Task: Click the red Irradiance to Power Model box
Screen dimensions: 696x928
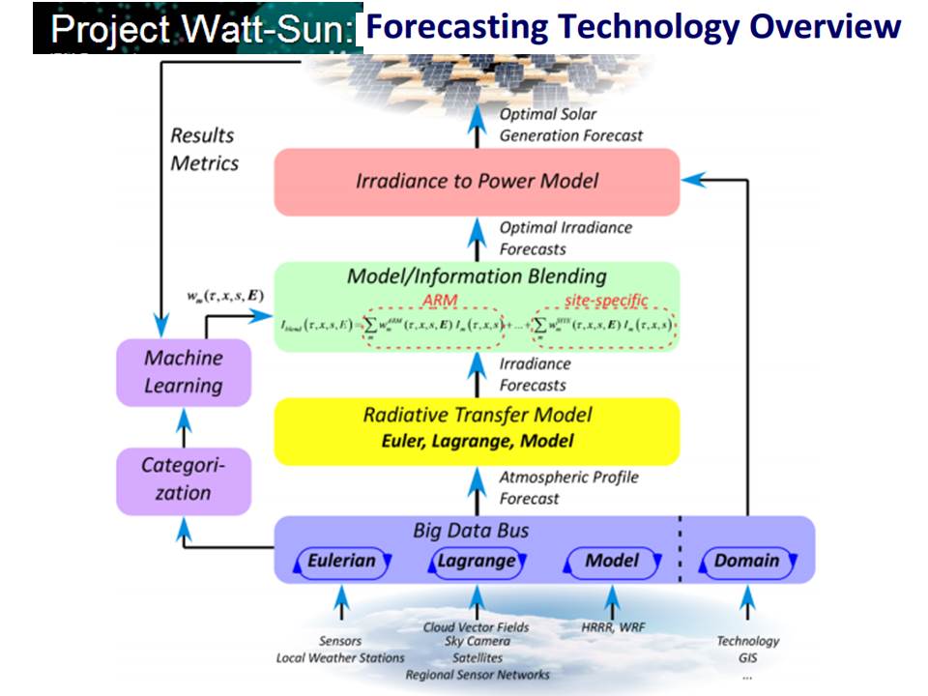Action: tap(477, 182)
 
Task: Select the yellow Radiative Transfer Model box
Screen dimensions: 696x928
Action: tap(477, 429)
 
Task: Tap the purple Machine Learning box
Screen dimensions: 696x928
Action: tap(183, 372)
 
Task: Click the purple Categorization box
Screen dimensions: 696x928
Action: tap(183, 479)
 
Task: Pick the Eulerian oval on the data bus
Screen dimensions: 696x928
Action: tap(341, 561)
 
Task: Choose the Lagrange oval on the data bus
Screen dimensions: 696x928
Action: tap(476, 561)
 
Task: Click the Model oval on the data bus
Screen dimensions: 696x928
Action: tap(612, 561)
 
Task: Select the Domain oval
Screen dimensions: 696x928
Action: tap(746, 561)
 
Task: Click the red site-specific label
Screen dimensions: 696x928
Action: tap(605, 300)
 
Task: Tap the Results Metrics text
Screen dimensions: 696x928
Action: tap(204, 149)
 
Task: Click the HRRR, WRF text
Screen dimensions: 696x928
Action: tap(612, 627)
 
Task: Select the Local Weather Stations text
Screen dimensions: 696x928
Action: tap(340, 658)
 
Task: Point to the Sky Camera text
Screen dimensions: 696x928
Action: tap(477, 643)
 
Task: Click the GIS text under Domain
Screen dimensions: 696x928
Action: tap(747, 658)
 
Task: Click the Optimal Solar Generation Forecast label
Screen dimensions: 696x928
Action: tap(570, 125)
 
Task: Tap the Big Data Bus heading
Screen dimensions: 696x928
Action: tap(471, 531)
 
